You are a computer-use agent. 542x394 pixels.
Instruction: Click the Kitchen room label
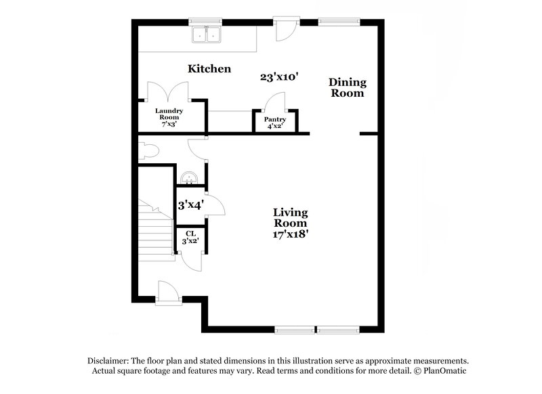pyautogui.click(x=209, y=68)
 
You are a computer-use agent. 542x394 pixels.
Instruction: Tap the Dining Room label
pyautogui.click(x=348, y=88)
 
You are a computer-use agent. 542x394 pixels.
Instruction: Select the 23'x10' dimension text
pyautogui.click(x=279, y=77)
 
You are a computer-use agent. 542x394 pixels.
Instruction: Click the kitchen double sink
pyautogui.click(x=207, y=35)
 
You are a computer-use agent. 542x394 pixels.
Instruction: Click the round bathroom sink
pyautogui.click(x=191, y=177)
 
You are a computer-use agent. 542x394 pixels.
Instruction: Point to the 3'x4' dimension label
pyautogui.click(x=191, y=204)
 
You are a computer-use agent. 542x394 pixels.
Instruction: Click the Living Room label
pyautogui.click(x=290, y=217)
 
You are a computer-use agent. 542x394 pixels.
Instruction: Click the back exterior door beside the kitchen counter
pyautogui.click(x=283, y=28)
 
